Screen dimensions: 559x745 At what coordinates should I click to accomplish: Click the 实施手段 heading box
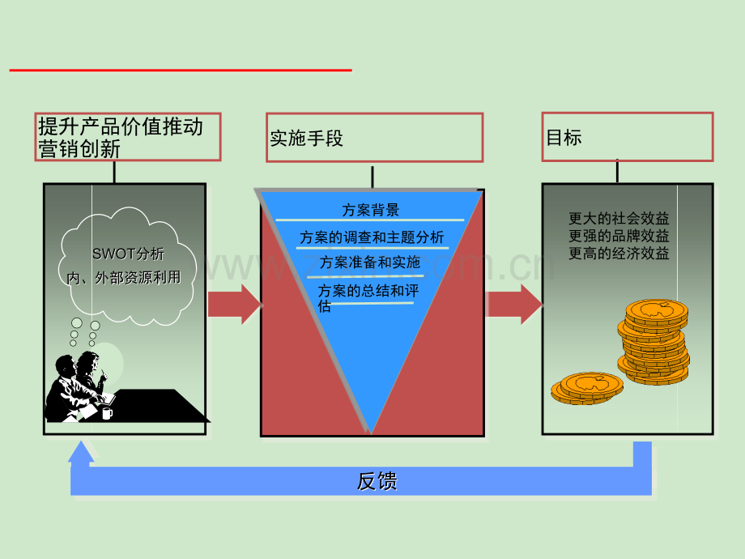(x=374, y=138)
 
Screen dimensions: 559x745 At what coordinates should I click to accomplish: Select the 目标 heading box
(x=628, y=137)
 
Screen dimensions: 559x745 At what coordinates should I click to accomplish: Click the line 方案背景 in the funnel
(x=371, y=211)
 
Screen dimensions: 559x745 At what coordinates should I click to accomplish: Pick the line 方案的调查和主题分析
(x=372, y=237)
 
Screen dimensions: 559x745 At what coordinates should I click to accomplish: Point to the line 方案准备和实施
(x=370, y=262)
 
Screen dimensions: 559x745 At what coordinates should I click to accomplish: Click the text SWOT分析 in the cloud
(x=127, y=253)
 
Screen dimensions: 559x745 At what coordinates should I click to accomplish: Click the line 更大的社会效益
(x=619, y=219)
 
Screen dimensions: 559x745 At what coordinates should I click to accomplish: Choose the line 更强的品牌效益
(x=619, y=236)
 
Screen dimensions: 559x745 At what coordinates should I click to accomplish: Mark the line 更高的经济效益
(x=619, y=254)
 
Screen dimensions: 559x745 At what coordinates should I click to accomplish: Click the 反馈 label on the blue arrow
(x=377, y=482)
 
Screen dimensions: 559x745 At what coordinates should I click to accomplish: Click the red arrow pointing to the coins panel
(x=513, y=304)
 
